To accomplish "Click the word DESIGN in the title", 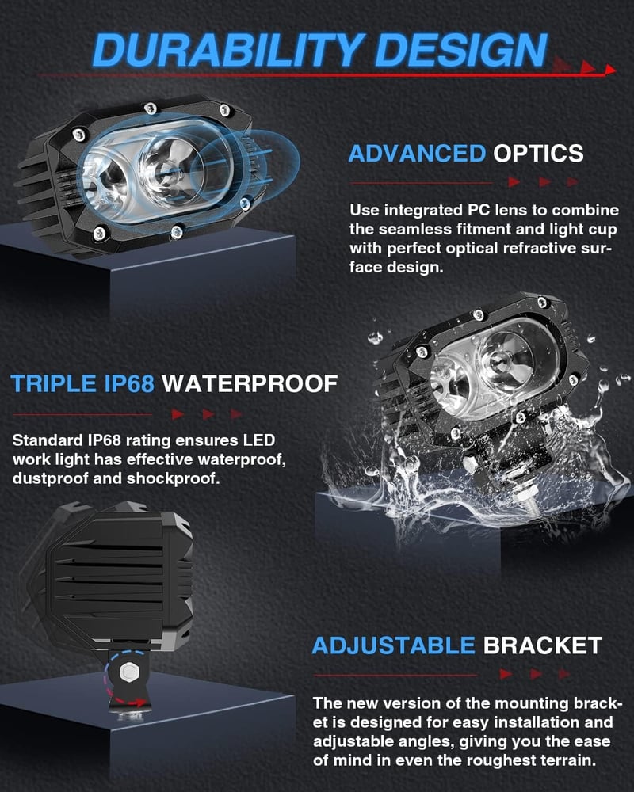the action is [461, 50].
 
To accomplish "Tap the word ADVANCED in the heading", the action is [417, 154].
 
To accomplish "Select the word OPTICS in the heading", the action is [538, 154].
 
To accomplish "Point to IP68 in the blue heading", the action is [129, 383].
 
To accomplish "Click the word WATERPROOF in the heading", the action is [250, 383].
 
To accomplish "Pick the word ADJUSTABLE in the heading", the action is [393, 645].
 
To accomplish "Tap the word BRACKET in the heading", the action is [543, 645].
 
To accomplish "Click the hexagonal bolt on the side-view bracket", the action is [128, 672].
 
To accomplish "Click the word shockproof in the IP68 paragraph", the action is [173, 478].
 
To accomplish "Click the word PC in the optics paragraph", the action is [478, 210].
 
